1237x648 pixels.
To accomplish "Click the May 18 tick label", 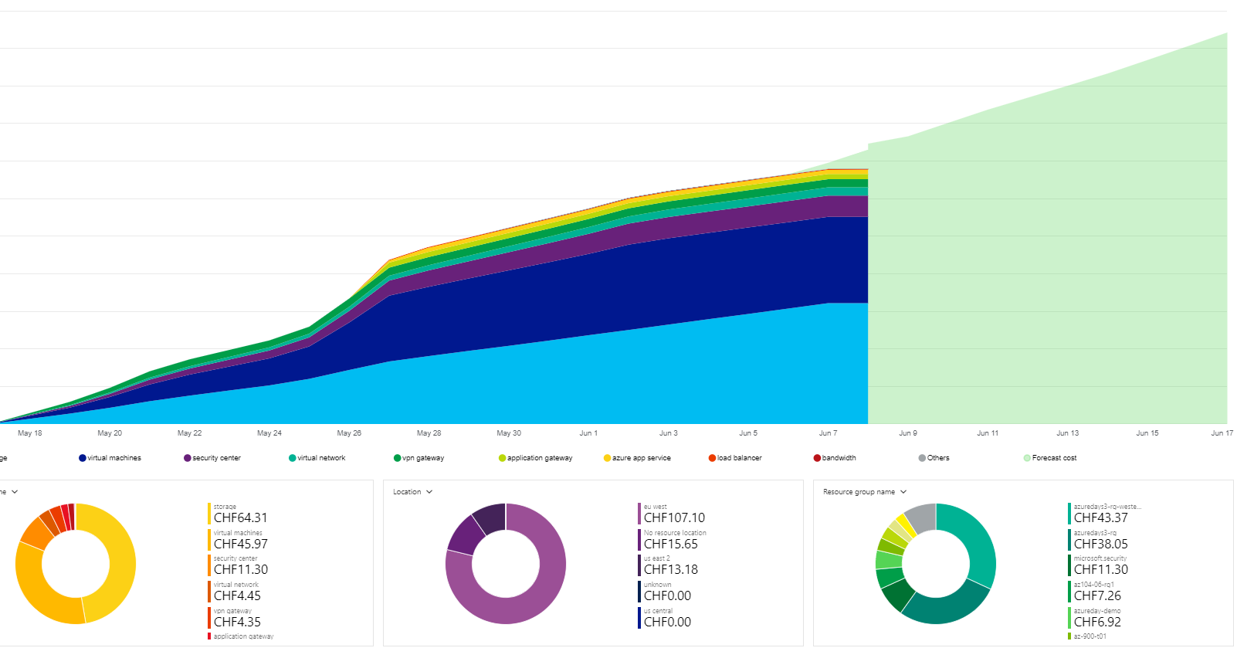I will pyautogui.click(x=29, y=433).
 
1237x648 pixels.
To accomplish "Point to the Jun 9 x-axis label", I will pyautogui.click(x=908, y=433).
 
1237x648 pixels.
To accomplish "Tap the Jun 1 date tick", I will pyautogui.click(x=588, y=433).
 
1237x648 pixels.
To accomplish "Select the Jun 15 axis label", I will pyautogui.click(x=1147, y=433).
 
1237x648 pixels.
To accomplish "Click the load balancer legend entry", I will pyautogui.click(x=738, y=458).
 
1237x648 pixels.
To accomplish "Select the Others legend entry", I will pyautogui.click(x=937, y=458).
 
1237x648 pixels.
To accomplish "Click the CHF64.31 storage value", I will pyautogui.click(x=240, y=518).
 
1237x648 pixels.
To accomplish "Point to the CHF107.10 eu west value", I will pyautogui.click(x=674, y=518).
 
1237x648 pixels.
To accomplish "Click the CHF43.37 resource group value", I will pyautogui.click(x=1100, y=518).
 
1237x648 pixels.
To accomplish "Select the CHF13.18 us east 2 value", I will pyautogui.click(x=670, y=570).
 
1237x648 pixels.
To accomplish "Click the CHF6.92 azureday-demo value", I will pyautogui.click(x=1096, y=623).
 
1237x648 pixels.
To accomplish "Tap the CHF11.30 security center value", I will pyautogui.click(x=240, y=570).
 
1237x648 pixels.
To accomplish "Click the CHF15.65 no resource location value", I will pyautogui.click(x=670, y=545).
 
